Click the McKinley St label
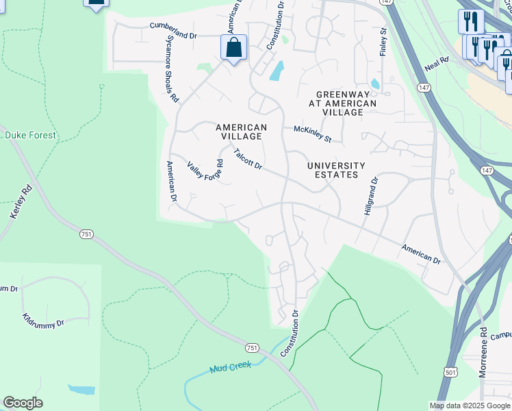coord(312,134)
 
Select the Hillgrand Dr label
coord(370,197)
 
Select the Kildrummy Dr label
coord(42,321)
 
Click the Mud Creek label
coord(232,366)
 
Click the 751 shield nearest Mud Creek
coord(252,348)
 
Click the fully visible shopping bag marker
coord(233,49)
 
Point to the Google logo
coord(23,403)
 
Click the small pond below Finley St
coord(374,84)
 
